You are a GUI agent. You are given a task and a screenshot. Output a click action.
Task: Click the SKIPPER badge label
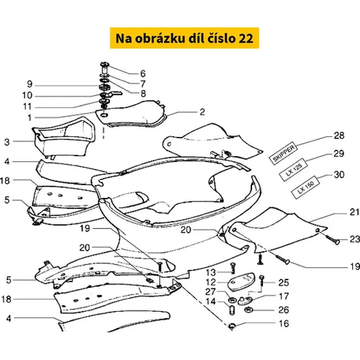(x=284, y=153)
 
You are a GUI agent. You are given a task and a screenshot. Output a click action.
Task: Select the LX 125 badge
(x=294, y=169)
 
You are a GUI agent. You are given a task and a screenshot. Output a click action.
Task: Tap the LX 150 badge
(x=306, y=187)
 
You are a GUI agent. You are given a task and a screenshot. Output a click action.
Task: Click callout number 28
(x=339, y=135)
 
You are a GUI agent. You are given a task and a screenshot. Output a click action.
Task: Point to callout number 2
(x=202, y=112)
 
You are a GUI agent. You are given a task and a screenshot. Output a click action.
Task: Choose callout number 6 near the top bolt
(x=143, y=73)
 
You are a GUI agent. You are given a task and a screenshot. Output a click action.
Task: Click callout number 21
(x=354, y=212)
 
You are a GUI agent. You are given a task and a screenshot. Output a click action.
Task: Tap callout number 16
(x=284, y=323)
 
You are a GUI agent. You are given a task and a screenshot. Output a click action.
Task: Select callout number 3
(x=7, y=142)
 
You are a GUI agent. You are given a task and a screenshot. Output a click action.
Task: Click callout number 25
(x=284, y=283)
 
